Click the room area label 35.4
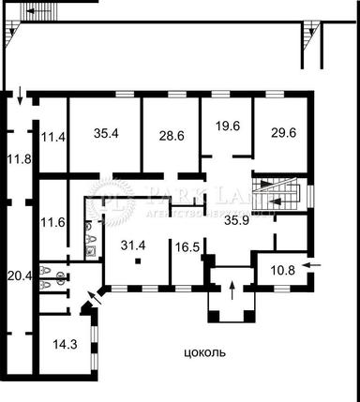[106, 134]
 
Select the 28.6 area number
[171, 136]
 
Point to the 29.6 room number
[282, 134]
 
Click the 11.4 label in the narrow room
[52, 138]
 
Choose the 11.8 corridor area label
[19, 158]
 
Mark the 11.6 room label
[52, 224]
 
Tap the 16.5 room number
[187, 247]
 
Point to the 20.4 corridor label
[19, 275]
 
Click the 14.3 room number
[64, 345]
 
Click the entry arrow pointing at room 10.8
[315, 266]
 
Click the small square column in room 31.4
[137, 261]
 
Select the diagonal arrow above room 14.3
[90, 302]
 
